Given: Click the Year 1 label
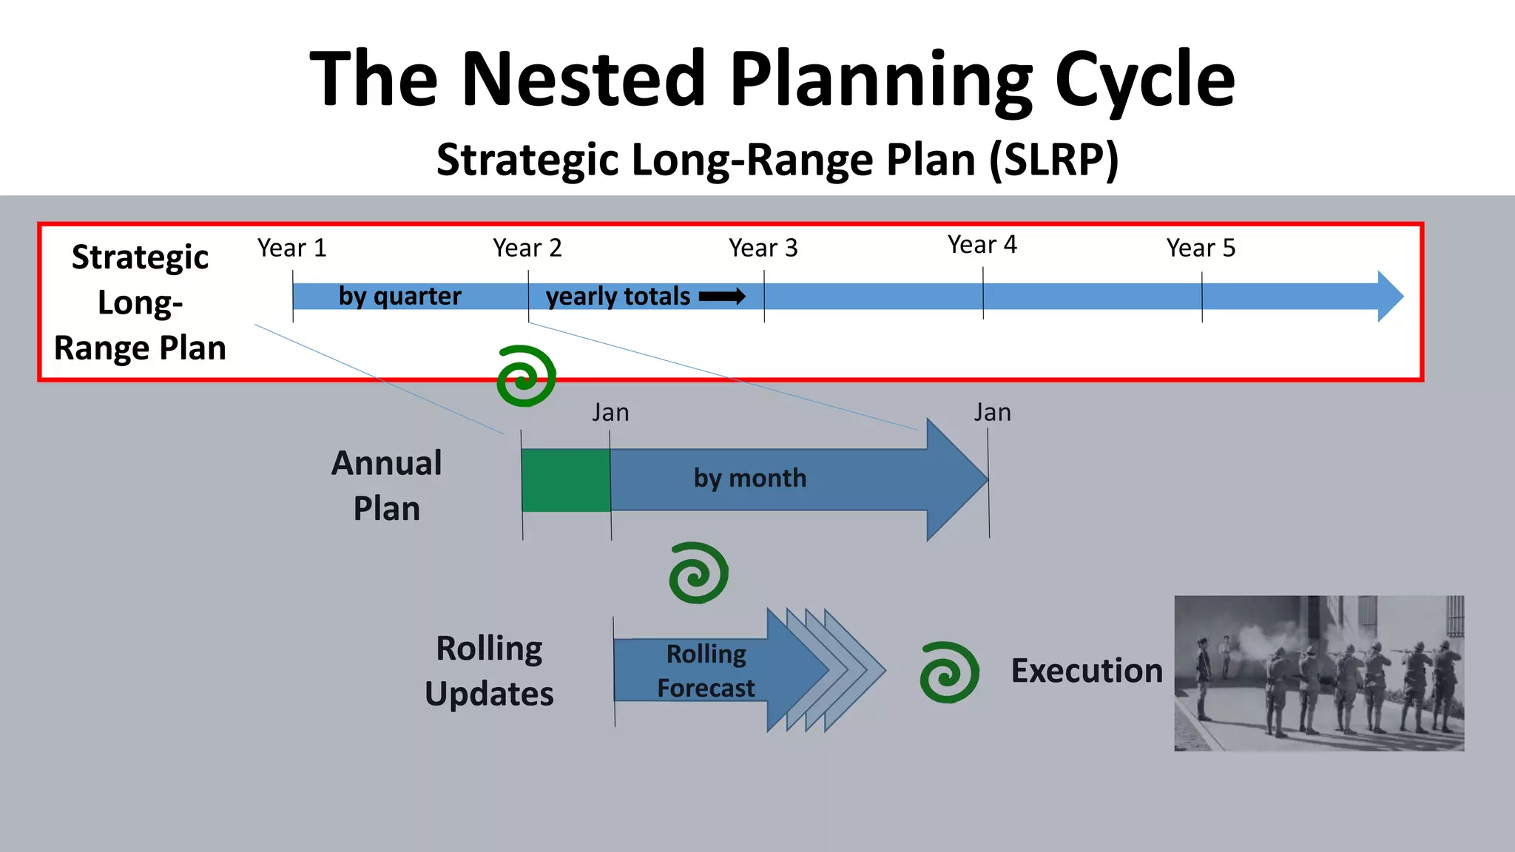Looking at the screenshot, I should [291, 248].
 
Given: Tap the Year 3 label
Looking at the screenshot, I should [763, 248].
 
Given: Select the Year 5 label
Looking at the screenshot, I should [1200, 248].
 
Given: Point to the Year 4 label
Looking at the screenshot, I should [982, 245].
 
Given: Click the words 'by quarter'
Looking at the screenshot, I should [399, 296].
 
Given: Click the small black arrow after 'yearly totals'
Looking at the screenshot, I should [722, 297].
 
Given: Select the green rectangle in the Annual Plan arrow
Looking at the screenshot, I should [566, 480].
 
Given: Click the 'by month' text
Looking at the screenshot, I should [749, 479].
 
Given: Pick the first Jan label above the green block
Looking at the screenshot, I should [610, 413].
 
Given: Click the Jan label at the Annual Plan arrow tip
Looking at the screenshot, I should [992, 413].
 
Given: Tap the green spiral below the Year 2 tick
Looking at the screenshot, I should [526, 376].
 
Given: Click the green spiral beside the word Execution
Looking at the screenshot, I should [949, 672].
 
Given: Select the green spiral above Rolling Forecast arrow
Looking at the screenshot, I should [698, 573].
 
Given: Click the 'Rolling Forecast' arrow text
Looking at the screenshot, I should [706, 671].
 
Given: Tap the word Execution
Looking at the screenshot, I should [1086, 671].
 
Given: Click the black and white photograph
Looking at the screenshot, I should [1318, 673].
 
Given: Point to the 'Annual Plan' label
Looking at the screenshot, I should [386, 486].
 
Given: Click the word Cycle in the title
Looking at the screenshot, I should [1144, 79].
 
